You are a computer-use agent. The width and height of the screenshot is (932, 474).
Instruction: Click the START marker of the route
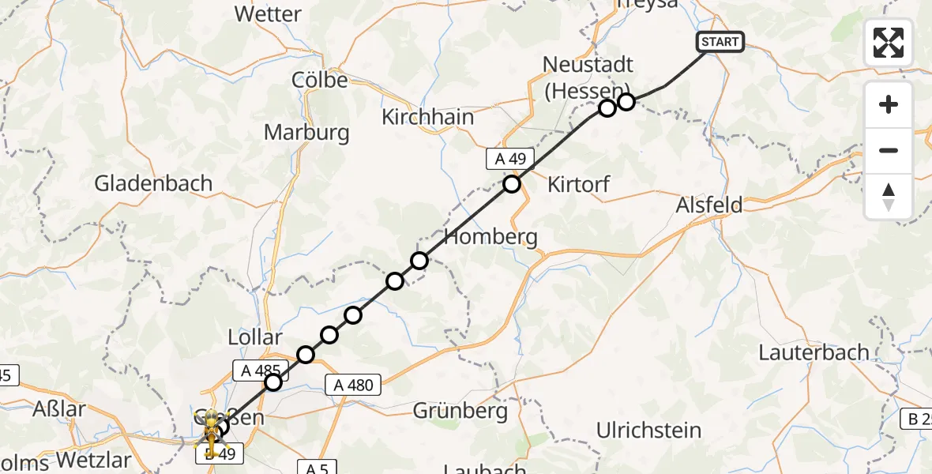click(720, 42)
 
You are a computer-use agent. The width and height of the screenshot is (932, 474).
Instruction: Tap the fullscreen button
click(889, 43)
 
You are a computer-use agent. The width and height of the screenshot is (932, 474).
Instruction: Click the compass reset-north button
click(889, 197)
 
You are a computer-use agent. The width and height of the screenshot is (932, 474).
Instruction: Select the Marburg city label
click(306, 132)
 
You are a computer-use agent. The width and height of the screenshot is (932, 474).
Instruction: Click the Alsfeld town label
click(709, 205)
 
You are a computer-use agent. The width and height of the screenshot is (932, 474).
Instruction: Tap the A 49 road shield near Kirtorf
click(510, 159)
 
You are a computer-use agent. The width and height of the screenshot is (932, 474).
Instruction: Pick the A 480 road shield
click(352, 385)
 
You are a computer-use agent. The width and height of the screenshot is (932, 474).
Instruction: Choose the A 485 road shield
click(258, 368)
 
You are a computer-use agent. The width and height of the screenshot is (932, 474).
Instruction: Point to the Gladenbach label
click(153, 183)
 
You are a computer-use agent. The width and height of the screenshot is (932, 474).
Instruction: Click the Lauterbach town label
click(814, 352)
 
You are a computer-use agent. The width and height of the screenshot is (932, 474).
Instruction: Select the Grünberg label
click(460, 411)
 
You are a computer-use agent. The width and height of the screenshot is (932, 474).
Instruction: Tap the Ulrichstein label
click(649, 431)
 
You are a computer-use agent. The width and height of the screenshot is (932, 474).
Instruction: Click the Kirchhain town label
click(427, 117)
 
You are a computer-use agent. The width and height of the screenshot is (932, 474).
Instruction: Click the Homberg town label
click(491, 236)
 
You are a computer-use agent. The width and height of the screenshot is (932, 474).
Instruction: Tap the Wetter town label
click(268, 14)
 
